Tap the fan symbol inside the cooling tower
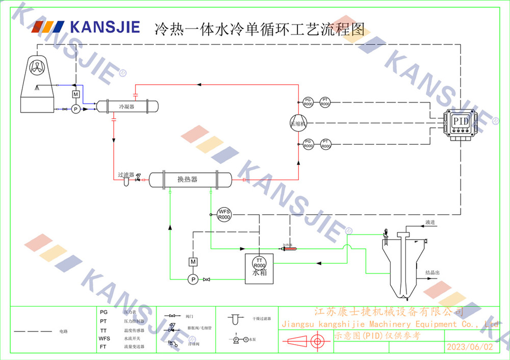39,65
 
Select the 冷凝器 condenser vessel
127,107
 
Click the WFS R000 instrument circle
224,214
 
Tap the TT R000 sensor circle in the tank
260,263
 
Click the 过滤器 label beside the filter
126,174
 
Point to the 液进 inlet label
430,223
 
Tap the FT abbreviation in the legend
104,347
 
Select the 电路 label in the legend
63,331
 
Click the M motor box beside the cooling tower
75,95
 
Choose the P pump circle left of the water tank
193,279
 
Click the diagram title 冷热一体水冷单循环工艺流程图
260,28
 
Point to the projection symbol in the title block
305,342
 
